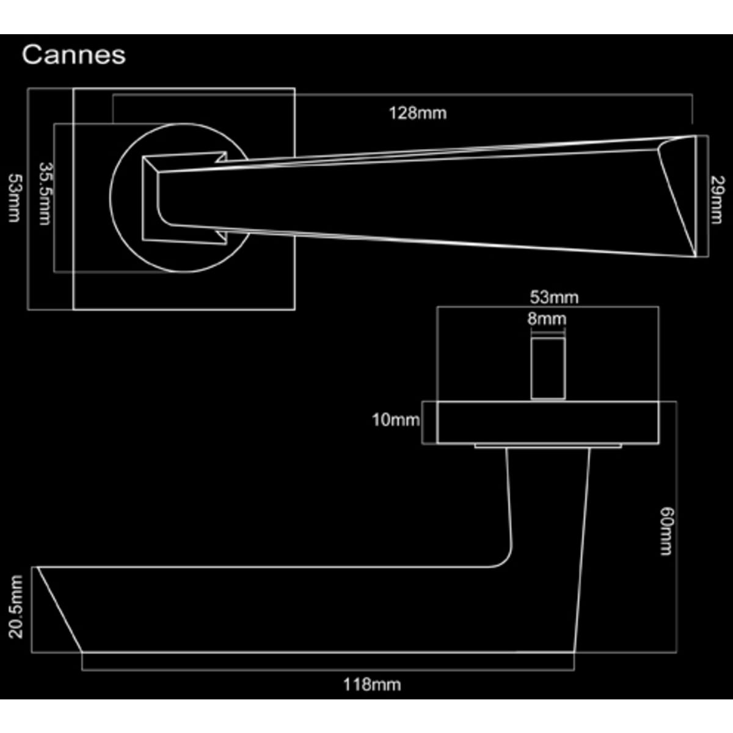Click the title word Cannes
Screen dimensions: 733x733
[x=74, y=55]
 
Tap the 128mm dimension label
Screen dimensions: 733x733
[x=418, y=114]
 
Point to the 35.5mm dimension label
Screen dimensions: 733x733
[x=45, y=194]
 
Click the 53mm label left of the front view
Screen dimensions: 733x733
[x=15, y=198]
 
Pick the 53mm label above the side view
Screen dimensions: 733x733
[x=554, y=297]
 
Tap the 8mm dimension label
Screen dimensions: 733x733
[x=547, y=319]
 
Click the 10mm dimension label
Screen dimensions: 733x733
[x=396, y=420]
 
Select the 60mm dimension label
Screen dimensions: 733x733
[x=666, y=531]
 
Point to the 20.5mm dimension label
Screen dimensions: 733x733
[x=16, y=607]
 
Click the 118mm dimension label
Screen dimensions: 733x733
[x=372, y=685]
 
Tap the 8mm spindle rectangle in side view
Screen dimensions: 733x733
[x=548, y=368]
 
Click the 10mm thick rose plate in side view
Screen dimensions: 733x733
[x=548, y=422]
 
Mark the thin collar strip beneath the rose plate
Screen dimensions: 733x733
[x=548, y=446]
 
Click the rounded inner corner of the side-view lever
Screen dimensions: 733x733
[x=503, y=558]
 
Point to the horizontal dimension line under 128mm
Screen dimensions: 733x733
[x=403, y=95]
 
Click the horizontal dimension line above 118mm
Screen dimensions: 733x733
[x=328, y=670]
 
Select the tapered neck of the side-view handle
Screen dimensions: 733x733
[x=548, y=506]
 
